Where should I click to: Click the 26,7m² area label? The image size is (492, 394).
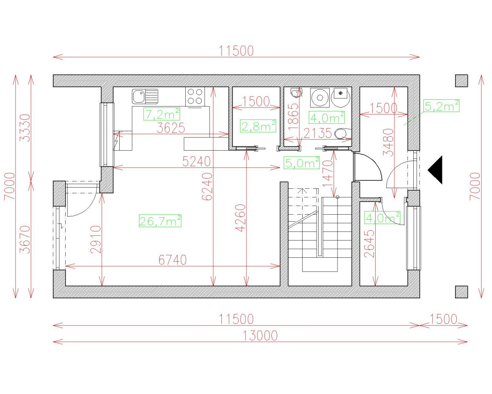[160, 221]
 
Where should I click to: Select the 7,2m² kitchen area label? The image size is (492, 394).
[162, 114]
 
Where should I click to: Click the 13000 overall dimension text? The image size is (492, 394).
[260, 336]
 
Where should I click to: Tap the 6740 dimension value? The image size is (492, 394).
[172, 260]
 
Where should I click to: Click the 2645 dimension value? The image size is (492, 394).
[369, 244]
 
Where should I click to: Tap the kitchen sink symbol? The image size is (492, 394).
[145, 97]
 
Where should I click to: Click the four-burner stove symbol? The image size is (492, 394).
[195, 96]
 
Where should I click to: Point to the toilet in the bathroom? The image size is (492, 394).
[342, 133]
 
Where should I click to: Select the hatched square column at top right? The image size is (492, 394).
[461, 81]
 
